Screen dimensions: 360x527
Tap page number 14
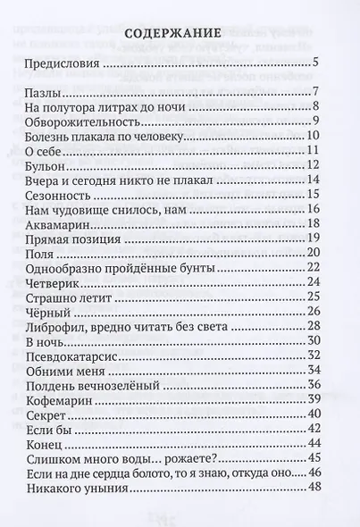(313, 179)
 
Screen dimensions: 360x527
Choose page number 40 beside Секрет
(313, 412)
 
